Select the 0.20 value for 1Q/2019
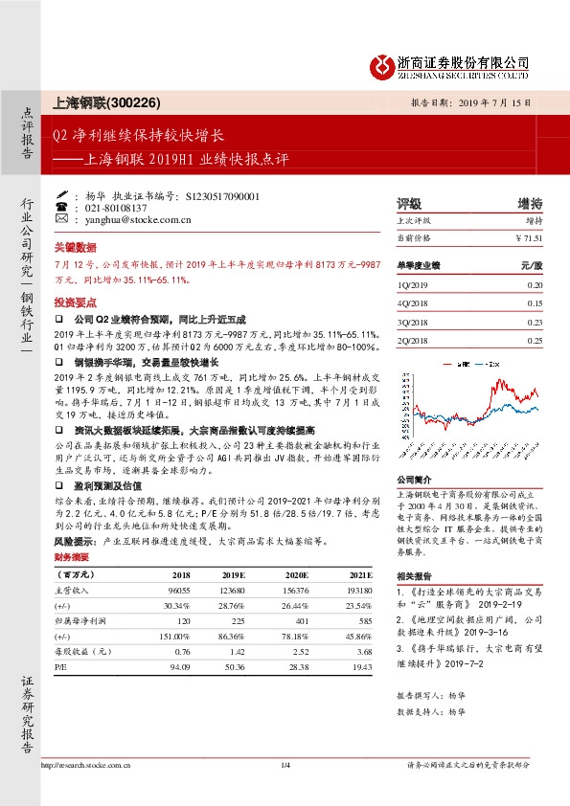[x=535, y=285]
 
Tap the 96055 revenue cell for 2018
[x=178, y=592]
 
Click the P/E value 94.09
[x=179, y=664]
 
